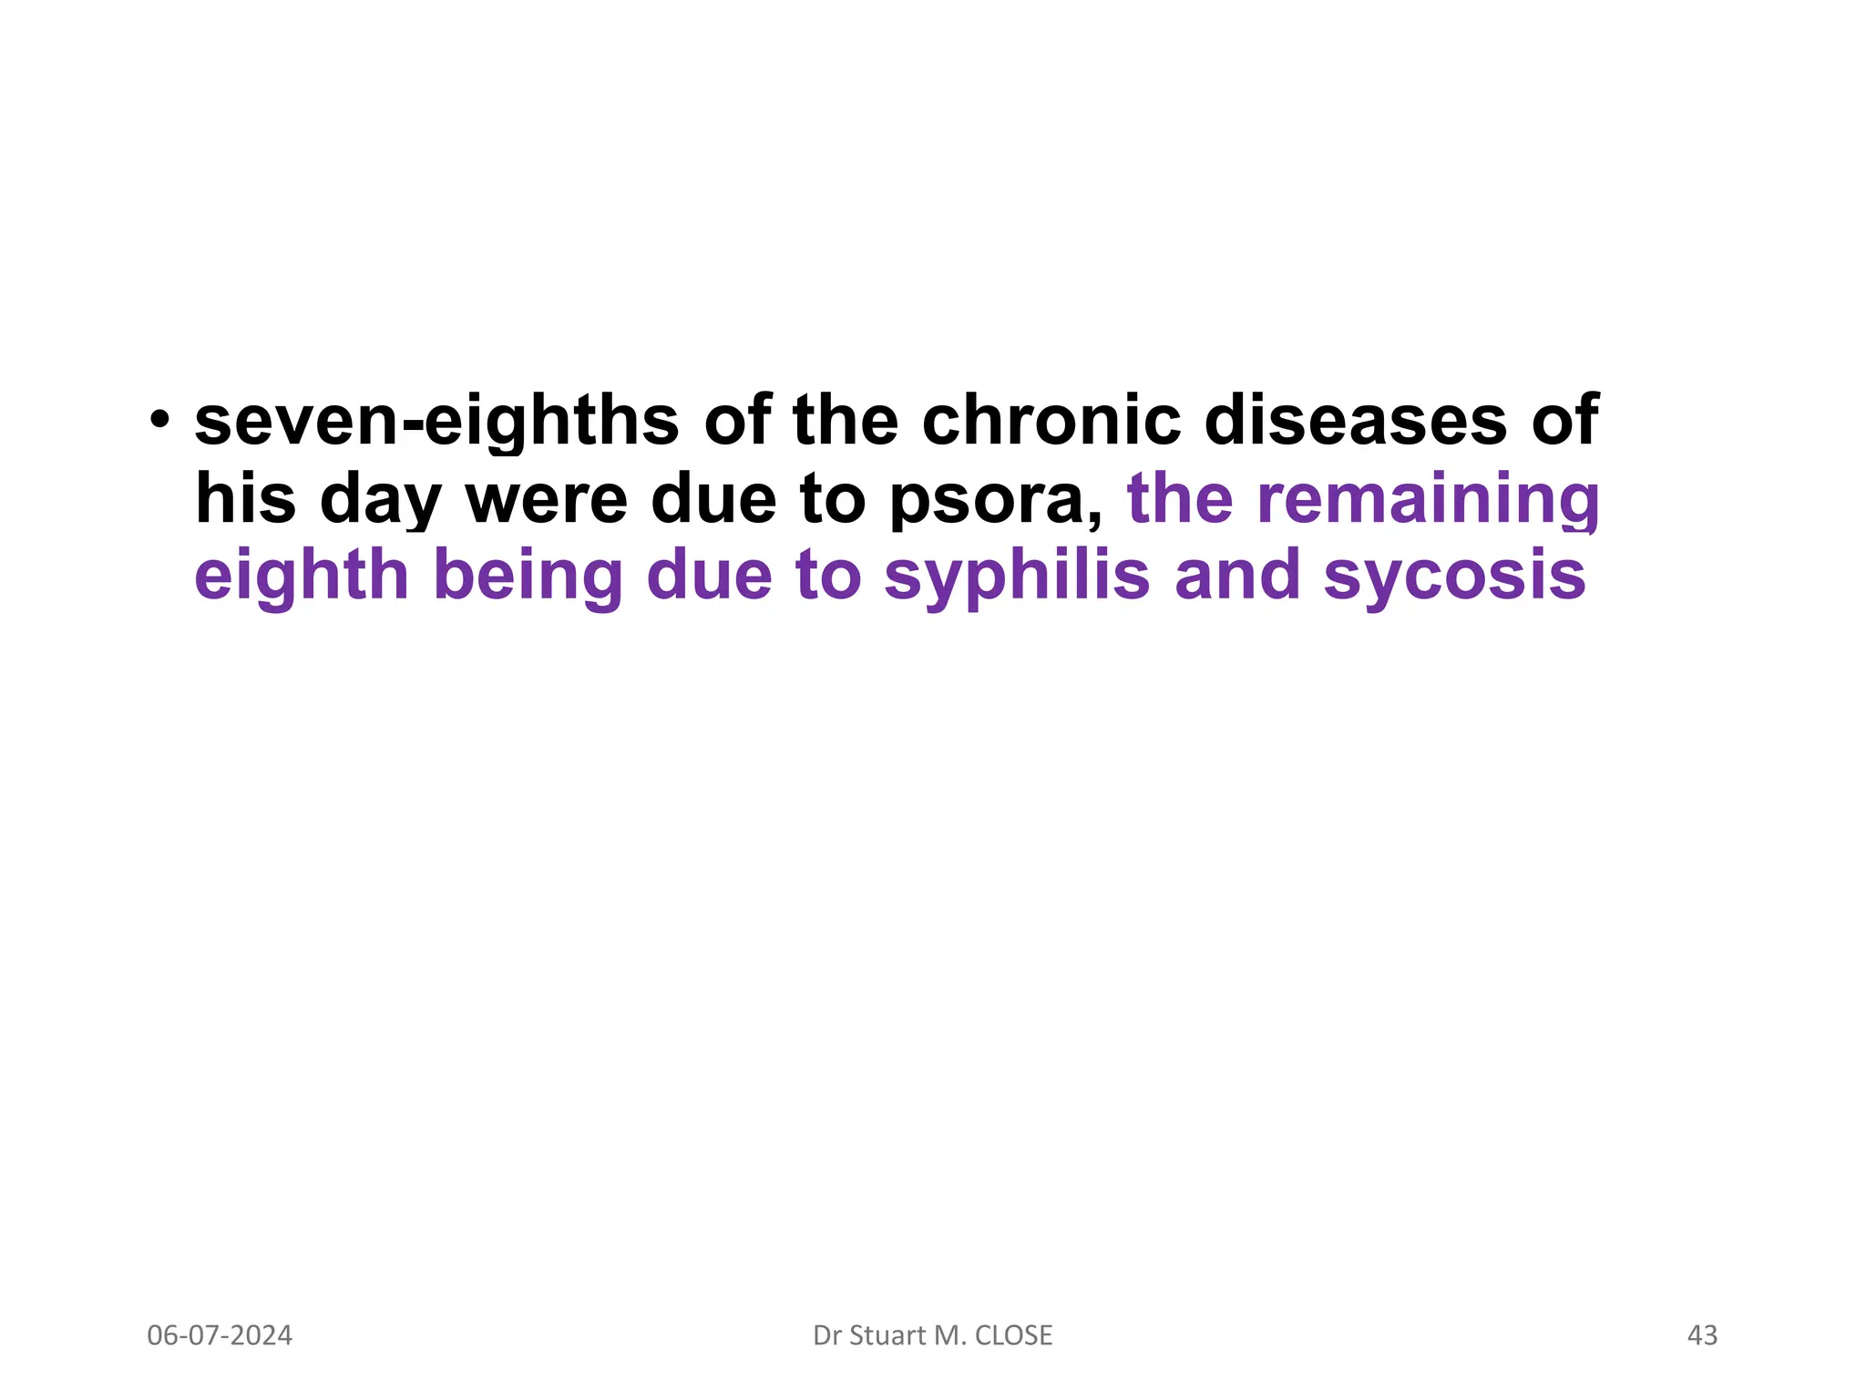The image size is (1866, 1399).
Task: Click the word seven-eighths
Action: coord(436,421)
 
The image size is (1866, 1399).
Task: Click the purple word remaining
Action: coord(1428,499)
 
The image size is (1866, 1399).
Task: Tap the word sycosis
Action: coord(1454,576)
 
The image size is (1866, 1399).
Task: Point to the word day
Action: coord(380,501)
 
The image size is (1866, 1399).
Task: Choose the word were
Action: coord(547,499)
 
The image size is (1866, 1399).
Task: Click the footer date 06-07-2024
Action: coord(220,1335)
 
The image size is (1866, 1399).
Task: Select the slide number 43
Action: coord(1702,1335)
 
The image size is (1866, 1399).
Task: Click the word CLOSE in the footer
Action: coord(1013,1335)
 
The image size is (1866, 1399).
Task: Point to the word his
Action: coord(245,499)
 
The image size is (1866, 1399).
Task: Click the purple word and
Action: coord(1237,576)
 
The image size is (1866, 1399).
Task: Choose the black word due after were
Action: coord(713,499)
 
